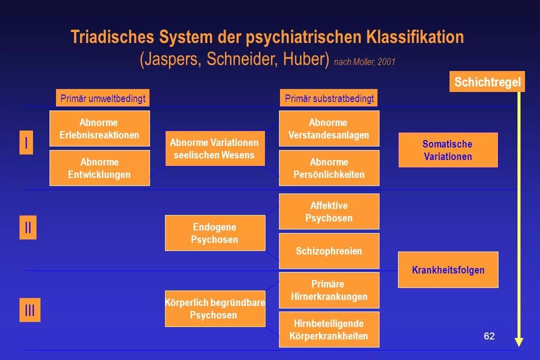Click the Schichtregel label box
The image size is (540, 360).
tap(487, 82)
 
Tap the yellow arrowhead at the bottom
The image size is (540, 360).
tap(519, 342)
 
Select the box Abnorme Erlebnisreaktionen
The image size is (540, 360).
tap(99, 128)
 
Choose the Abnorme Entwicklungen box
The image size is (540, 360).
tap(99, 168)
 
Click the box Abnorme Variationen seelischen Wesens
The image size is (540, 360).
tap(214, 148)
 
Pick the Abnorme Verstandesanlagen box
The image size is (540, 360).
tap(328, 128)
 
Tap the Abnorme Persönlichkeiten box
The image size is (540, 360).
tap(328, 168)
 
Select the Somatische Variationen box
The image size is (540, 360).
tap(447, 150)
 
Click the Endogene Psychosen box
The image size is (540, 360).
tap(214, 233)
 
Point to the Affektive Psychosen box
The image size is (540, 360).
tap(328, 211)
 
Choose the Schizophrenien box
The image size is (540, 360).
tap(328, 251)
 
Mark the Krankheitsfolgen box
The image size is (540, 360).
tap(447, 270)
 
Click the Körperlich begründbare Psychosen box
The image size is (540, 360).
tap(214, 308)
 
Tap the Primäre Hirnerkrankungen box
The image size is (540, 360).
tap(328, 290)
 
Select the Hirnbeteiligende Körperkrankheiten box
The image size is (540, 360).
tap(328, 329)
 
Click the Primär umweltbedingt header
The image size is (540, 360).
tap(102, 98)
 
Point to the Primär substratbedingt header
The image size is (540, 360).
tap(329, 98)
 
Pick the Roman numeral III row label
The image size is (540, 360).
tap(29, 310)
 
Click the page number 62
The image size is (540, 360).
tap(489, 336)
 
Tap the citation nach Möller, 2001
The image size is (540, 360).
tap(364, 62)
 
